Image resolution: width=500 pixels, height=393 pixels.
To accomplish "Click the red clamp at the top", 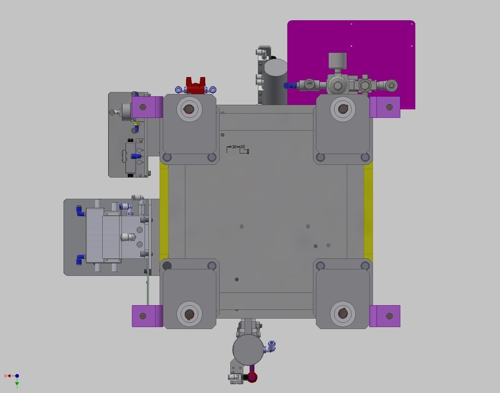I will [x=195, y=86].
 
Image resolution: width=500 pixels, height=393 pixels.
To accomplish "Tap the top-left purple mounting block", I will [x=147, y=107].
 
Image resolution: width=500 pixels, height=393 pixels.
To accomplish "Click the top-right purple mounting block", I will [x=385, y=107].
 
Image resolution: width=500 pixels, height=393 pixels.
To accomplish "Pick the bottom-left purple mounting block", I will [x=147, y=316].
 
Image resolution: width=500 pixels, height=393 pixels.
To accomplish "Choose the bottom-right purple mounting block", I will [x=385, y=316].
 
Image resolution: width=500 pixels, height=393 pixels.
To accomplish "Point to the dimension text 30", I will [x=234, y=147].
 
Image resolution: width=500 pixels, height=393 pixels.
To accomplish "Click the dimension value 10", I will [x=242, y=147].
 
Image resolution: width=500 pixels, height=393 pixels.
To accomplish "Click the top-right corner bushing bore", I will [x=343, y=109].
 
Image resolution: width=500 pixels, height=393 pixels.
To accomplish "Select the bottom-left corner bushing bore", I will [x=189, y=314].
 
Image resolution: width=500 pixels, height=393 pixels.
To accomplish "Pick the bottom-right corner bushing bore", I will [x=343, y=314].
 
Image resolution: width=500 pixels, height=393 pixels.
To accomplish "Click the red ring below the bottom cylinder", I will [x=252, y=377].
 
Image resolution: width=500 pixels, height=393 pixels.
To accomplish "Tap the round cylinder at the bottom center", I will [x=248, y=349].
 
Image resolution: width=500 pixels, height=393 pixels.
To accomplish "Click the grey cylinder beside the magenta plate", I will [x=275, y=82].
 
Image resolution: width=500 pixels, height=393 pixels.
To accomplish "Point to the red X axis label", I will [x=5, y=376].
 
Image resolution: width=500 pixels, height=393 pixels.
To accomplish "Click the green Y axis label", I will [x=17, y=387].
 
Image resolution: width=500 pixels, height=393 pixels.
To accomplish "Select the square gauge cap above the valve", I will [x=337, y=60].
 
